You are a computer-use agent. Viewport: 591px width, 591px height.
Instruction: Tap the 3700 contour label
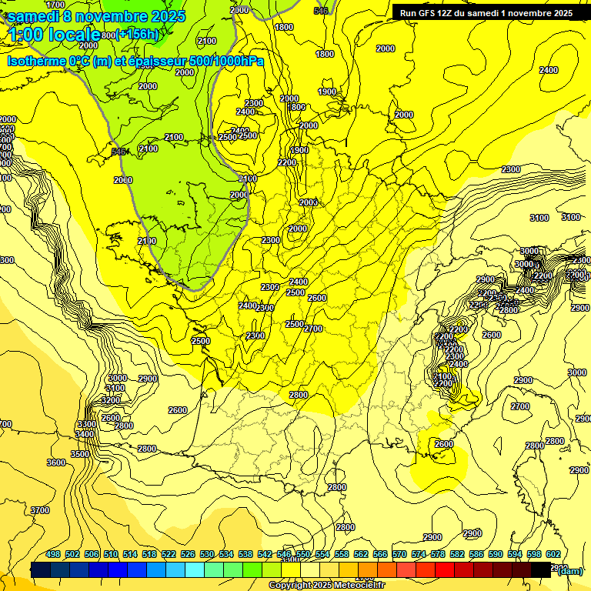40,510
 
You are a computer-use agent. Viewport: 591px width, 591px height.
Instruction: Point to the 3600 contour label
56,462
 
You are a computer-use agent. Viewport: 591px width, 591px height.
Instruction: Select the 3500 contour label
79,454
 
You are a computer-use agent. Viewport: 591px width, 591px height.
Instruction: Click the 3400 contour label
85,434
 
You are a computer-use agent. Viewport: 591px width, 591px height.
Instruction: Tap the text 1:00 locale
53,35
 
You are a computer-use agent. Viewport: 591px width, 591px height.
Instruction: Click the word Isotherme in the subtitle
38,62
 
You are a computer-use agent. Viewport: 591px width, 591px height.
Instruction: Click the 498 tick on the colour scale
53,555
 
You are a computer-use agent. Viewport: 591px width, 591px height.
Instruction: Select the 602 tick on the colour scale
553,555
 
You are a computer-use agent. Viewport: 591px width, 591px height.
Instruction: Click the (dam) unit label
569,570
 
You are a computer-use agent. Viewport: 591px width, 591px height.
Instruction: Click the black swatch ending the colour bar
541,569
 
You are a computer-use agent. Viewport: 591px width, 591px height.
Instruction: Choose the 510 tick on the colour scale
111,555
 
